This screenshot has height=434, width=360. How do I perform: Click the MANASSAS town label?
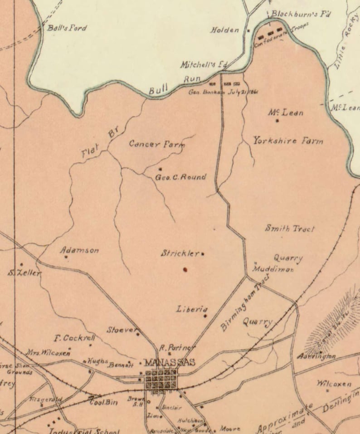coord(169,362)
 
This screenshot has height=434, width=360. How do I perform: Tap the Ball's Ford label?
coord(67,28)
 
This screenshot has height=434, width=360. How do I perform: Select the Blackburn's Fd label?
coord(300,14)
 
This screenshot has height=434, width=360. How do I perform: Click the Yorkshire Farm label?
coord(288,141)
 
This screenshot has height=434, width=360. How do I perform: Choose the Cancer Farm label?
coord(157,145)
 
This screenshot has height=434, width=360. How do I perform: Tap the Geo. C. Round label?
coord(180,177)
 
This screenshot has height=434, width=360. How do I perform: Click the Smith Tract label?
coord(289,229)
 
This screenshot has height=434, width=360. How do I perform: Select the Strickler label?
coord(180,254)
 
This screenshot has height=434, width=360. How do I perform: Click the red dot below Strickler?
coord(185,270)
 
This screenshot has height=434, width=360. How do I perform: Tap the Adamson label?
coord(79,250)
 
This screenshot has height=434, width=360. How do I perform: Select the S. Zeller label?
coord(24,273)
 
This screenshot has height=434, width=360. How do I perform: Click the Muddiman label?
coord(273,269)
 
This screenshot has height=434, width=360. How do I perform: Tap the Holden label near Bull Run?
coord(224,30)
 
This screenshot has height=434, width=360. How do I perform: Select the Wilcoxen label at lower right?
coord(334,384)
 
